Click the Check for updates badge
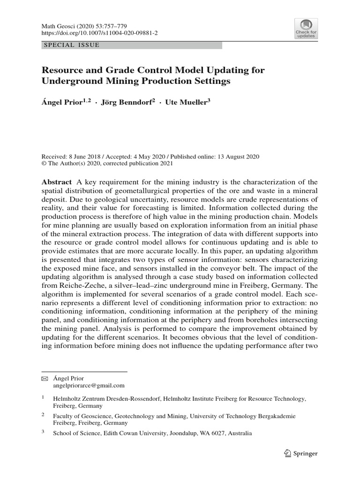tap(306, 29)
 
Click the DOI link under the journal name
tap(93, 34)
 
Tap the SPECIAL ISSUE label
tap(71, 45)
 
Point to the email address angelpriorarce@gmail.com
tap(89, 385)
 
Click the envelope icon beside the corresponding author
tap(45, 378)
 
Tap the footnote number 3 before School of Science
tap(43, 433)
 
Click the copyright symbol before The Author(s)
tap(45, 164)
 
